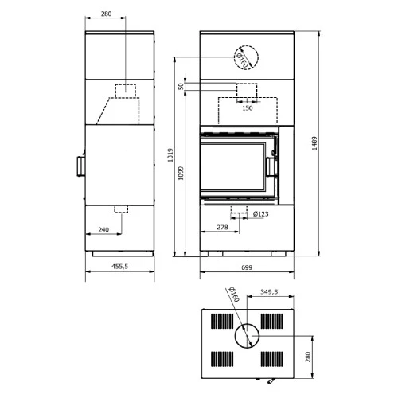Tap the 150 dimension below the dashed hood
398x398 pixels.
247,107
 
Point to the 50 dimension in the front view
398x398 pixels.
181,86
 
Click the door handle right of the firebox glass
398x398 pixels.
272,166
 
